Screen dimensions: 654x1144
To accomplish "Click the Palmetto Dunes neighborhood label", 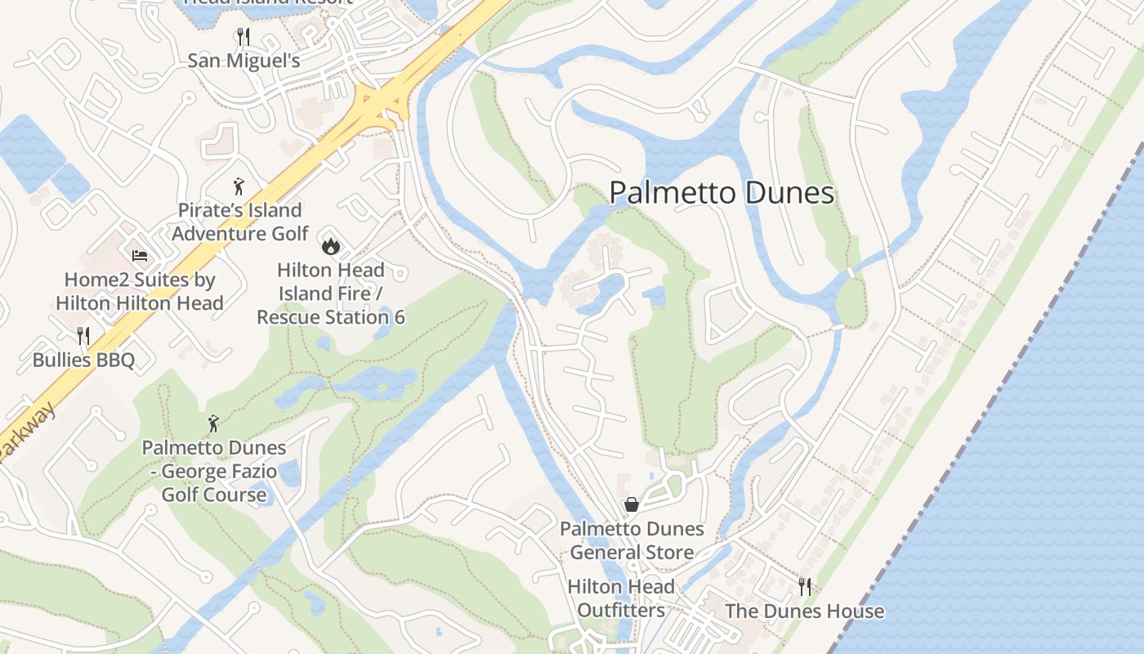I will (722, 194).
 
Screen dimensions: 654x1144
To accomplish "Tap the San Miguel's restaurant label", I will (244, 61).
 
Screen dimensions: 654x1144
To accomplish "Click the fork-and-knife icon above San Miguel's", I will (243, 36).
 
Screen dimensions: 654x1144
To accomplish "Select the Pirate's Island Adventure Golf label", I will (239, 222).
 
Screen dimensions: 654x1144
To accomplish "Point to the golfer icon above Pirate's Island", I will (239, 186).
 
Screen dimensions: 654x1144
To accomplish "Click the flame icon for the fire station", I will (330, 244).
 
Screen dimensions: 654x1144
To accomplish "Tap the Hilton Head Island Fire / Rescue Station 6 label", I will (331, 293).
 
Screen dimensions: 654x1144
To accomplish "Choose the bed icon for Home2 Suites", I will (140, 256).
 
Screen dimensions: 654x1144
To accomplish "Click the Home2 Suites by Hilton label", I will (140, 292).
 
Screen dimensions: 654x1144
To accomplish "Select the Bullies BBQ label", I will (83, 360).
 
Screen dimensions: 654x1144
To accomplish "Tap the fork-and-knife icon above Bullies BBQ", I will (83, 335).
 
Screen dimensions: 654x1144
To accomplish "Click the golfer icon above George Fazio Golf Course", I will (213, 423).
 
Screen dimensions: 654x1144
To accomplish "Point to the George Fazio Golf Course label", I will (214, 472).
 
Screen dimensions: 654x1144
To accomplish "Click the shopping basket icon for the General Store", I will (632, 504).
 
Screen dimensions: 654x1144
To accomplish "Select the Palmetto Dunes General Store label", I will (632, 540).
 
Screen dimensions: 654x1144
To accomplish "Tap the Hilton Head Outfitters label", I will (621, 598).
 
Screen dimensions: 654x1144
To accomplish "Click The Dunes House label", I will (804, 611).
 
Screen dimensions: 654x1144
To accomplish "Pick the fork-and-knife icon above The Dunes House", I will (805, 586).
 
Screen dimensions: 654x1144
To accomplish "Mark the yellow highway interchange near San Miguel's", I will (381, 104).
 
